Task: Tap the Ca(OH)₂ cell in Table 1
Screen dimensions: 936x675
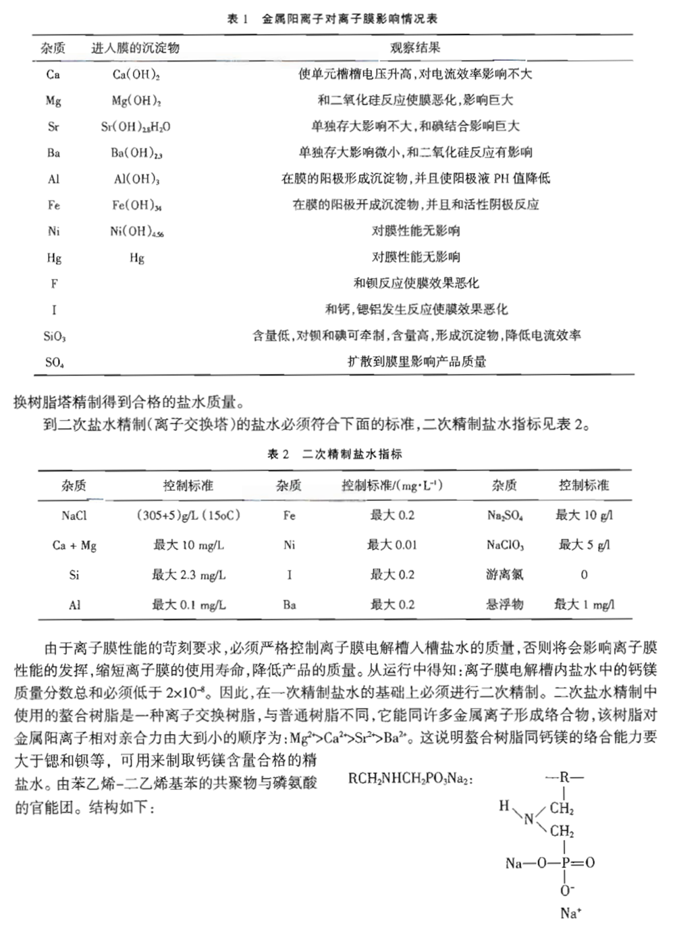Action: point(136,74)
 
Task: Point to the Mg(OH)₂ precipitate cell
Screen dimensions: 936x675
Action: point(136,101)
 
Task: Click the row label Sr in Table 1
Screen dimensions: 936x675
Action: point(53,126)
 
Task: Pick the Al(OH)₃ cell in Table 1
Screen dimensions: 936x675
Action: point(136,179)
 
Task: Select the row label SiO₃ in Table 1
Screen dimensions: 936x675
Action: point(54,336)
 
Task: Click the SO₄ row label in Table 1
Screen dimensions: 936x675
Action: point(54,362)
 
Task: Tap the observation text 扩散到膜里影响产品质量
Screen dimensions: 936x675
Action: point(416,362)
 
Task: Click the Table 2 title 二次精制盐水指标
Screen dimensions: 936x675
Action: point(352,454)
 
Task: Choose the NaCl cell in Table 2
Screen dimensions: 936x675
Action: point(74,515)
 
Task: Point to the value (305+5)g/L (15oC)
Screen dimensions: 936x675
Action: point(188,515)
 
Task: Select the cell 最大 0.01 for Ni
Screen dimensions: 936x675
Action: point(391,545)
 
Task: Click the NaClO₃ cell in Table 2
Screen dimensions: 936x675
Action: point(504,545)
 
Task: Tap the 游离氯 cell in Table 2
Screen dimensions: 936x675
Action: point(504,575)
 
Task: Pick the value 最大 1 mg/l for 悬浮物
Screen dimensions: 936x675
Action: point(584,604)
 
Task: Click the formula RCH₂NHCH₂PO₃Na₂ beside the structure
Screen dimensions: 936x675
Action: point(410,779)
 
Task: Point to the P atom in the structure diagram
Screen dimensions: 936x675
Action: point(566,862)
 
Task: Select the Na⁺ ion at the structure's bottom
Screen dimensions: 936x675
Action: point(570,914)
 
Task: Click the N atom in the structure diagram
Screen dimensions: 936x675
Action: point(529,818)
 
